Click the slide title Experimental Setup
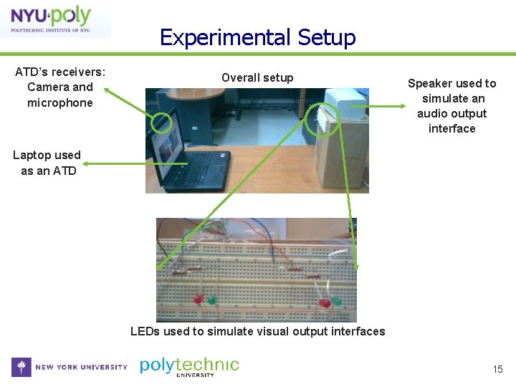pos(257,37)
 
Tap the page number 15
pos(497,369)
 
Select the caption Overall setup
pos(257,77)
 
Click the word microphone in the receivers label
pos(60,102)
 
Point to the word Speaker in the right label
pos(429,83)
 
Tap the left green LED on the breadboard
pos(212,301)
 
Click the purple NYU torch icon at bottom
pos(21,367)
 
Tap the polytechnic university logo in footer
pos(189,366)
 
